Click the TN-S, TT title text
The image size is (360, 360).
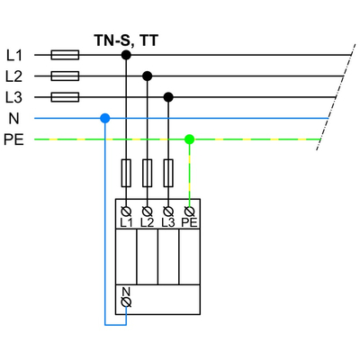[x=125, y=39]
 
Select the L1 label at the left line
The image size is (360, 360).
[x=13, y=55]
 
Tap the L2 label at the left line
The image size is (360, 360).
[x=13, y=76]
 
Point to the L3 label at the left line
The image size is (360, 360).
[x=13, y=97]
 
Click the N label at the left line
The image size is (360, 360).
[x=13, y=118]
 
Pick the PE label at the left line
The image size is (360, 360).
[x=14, y=139]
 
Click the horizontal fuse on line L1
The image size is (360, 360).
[x=66, y=55]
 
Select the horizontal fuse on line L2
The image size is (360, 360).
[x=66, y=76]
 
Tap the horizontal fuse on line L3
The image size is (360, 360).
[x=66, y=97]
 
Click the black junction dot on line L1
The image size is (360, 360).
[x=126, y=55]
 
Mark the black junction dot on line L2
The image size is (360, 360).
[x=147, y=76]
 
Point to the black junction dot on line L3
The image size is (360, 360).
[x=168, y=97]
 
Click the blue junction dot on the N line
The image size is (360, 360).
[x=105, y=118]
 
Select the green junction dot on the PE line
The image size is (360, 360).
[x=189, y=139]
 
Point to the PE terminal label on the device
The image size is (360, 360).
[x=189, y=221]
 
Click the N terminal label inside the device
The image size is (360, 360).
[x=126, y=292]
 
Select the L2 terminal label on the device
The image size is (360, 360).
[x=147, y=221]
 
